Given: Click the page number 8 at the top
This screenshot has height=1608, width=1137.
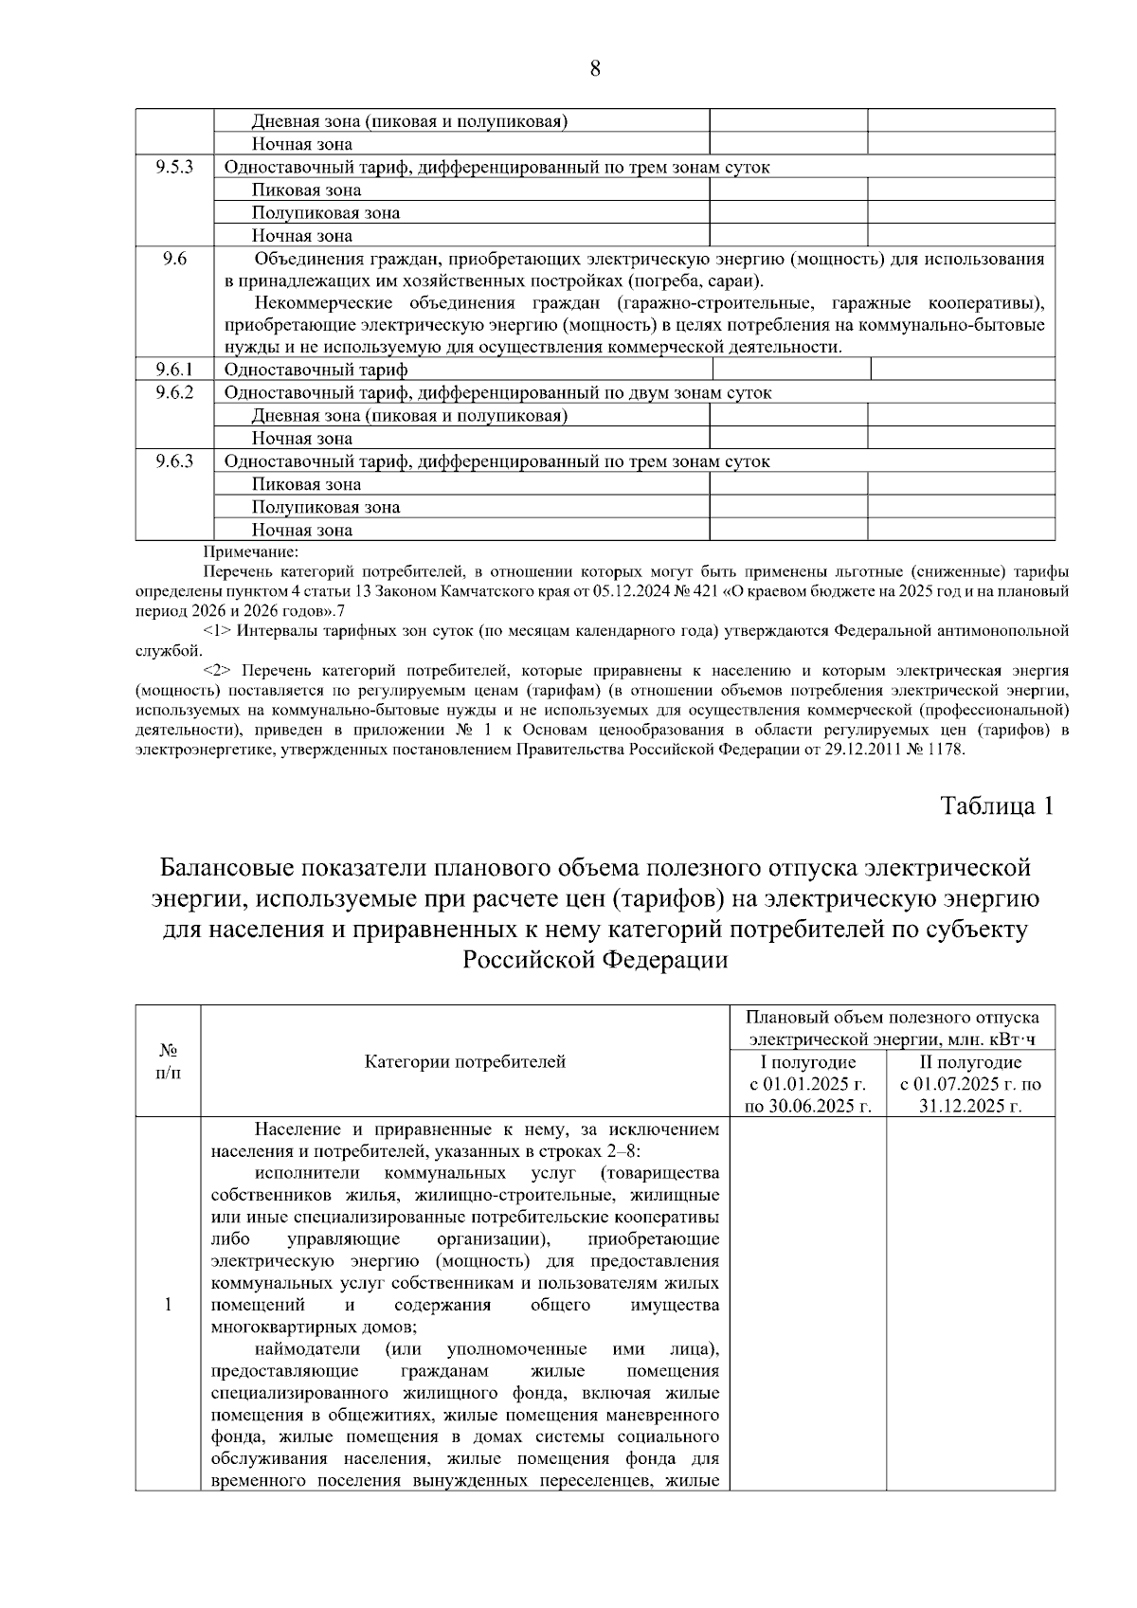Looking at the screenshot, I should [x=595, y=68].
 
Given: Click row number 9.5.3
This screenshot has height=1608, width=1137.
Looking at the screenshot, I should [x=174, y=167].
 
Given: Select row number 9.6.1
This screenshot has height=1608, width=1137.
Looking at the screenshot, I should [x=174, y=370].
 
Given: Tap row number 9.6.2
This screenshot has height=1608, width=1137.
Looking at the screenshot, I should [x=174, y=392].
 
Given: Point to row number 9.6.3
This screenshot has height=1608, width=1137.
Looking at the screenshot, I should [x=174, y=461].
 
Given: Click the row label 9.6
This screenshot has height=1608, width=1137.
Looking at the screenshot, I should [x=174, y=259].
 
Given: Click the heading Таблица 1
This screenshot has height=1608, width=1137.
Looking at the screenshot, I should [x=996, y=806].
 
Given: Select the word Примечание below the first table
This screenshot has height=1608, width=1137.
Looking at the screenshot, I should [x=250, y=551].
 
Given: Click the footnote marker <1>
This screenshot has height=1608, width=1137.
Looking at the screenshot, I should [x=217, y=630].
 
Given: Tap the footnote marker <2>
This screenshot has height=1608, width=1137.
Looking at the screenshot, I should [x=217, y=670].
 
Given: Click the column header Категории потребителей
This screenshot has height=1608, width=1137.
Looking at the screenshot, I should [x=464, y=1061].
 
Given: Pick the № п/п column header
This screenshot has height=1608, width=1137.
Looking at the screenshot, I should [x=168, y=1061].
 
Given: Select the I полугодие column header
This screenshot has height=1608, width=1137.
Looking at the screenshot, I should [x=808, y=1062].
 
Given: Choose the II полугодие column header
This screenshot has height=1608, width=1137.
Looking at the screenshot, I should [x=970, y=1062].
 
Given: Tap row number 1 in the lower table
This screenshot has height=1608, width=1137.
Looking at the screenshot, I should [x=168, y=1305].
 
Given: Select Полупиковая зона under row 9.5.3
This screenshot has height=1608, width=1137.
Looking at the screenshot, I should [x=325, y=213].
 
